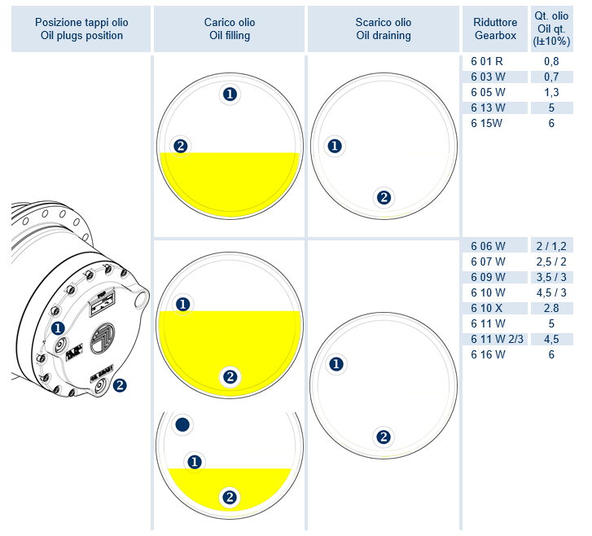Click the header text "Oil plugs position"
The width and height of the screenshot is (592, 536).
pos(81,36)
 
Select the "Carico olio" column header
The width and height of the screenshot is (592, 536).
pos(229,23)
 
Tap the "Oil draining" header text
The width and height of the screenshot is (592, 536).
pos(383,36)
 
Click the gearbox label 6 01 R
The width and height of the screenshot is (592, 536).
pos(487,61)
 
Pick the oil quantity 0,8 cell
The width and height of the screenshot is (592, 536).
pos(551,61)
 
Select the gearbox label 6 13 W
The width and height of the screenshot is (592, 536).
pos(488,108)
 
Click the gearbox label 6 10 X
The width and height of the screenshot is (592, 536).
pos(488,307)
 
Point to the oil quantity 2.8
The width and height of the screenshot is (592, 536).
pos(551,307)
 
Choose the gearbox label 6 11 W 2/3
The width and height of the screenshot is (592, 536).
pos(496,339)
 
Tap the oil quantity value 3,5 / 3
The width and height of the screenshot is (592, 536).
pos(551,276)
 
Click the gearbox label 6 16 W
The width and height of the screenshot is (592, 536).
pos(488,354)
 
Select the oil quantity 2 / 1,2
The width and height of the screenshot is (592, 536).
pos(551,245)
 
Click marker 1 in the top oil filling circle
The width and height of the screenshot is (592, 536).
pos(230,94)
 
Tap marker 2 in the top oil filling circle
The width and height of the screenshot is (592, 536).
pos(181,147)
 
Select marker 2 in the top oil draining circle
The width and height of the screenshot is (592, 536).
pos(384,196)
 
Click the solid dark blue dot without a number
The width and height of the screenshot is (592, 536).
pos(182,424)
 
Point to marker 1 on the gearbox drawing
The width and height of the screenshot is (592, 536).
pos(58,328)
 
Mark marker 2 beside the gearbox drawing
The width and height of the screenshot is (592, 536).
pos(120,385)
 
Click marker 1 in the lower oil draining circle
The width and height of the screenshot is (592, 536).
pos(334,364)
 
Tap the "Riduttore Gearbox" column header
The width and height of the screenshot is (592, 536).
pos(495,29)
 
